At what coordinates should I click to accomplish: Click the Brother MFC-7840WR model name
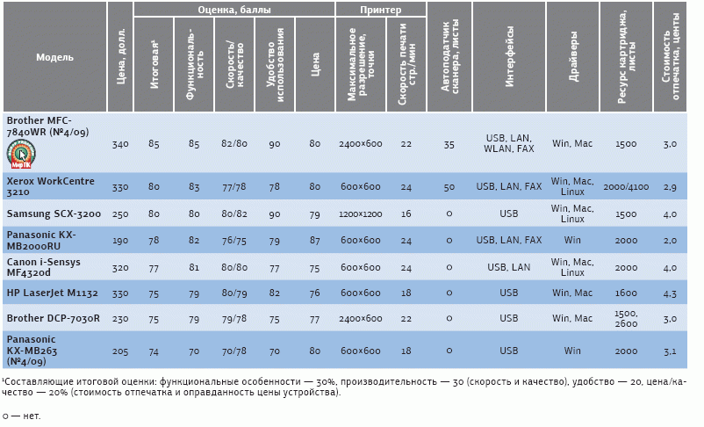click(40, 125)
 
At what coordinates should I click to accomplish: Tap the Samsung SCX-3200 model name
click(54, 213)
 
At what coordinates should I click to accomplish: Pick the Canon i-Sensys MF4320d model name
click(44, 267)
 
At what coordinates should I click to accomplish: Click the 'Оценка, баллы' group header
click(234, 10)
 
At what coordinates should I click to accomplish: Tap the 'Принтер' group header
click(380, 10)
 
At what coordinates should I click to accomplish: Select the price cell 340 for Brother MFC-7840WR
click(120, 143)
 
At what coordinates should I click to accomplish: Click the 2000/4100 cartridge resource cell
click(626, 187)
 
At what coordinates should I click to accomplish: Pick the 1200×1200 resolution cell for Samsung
click(361, 213)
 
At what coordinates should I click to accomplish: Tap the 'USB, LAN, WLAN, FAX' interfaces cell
click(509, 143)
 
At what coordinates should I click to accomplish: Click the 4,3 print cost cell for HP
click(670, 293)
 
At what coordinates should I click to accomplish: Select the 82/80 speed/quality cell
click(234, 143)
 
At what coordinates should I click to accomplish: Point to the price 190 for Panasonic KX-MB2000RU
click(120, 240)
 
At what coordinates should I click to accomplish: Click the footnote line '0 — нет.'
click(21, 416)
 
